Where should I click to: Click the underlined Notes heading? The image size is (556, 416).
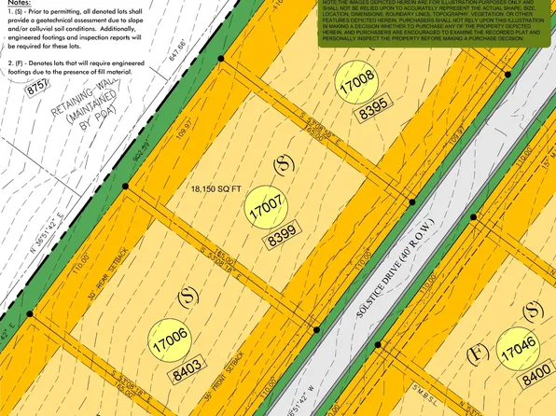point(20,6)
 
